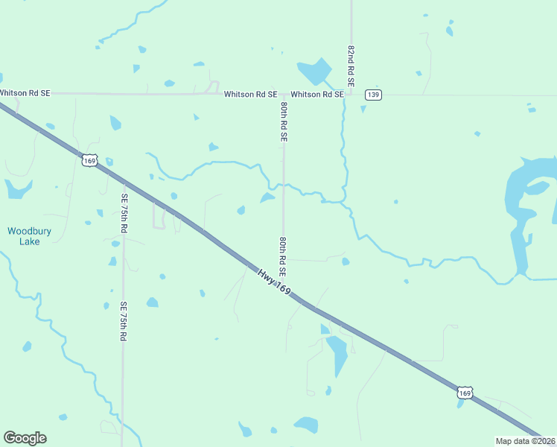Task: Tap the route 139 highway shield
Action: pos(373,95)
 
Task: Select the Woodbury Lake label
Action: pos(29,236)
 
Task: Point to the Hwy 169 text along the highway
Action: pos(274,284)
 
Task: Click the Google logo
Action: pos(25,438)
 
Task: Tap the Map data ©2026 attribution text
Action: pos(526,441)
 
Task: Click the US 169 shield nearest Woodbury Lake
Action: pos(89,160)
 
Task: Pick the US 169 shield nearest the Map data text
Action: pos(464,393)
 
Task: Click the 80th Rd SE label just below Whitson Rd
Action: pos(284,123)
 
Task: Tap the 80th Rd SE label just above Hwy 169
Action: pos(283,257)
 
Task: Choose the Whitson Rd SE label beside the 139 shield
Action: pos(317,95)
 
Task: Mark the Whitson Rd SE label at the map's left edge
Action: pos(25,93)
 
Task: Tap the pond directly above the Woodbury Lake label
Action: pos(16,189)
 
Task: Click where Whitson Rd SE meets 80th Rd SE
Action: pos(283,95)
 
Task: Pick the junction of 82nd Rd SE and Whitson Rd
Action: pos(351,95)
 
